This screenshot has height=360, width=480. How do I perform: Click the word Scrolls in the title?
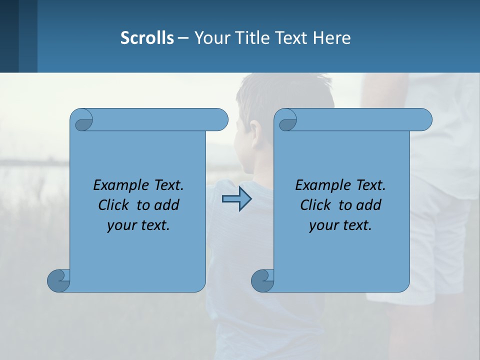pos(147,37)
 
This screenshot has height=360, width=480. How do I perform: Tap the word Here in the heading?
pos(332,37)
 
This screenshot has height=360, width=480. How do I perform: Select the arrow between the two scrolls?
pos(237,199)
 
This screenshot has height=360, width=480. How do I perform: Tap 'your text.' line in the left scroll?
pos(138,225)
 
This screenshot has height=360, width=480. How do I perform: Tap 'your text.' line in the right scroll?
pos(340,225)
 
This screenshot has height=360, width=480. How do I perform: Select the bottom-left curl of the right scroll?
pos(262,280)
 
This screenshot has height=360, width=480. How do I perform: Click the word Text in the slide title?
pos(290,37)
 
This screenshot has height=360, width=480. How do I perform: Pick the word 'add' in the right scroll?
pos(368,205)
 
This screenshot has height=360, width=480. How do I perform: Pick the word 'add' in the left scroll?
pos(166,205)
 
